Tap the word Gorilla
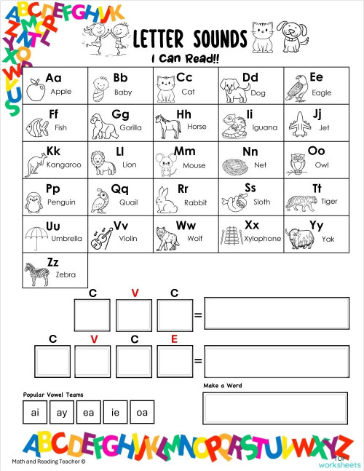[x=131, y=127]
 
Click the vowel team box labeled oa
[x=142, y=413]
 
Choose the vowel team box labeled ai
[x=34, y=413]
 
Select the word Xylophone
[x=262, y=239]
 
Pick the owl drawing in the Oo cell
[x=296, y=164]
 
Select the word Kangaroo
[x=65, y=165]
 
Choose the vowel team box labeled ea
[x=89, y=413]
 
